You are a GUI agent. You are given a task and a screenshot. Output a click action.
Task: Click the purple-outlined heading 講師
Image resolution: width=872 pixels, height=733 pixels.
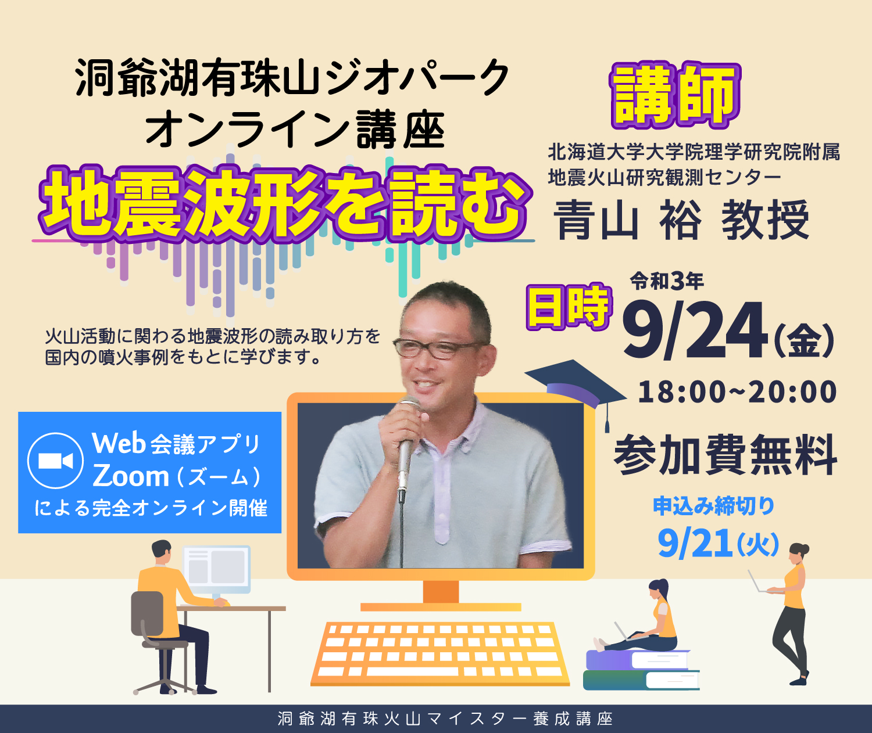[675, 96]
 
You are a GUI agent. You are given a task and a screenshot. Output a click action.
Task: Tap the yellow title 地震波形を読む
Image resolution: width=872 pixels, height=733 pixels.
[284, 205]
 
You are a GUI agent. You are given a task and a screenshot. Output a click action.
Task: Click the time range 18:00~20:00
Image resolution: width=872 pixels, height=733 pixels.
[737, 391]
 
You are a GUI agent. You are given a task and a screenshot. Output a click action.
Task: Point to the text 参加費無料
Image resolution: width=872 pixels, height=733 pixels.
[726, 454]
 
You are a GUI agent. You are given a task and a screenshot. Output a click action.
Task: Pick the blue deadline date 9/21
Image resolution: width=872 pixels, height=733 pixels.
[695, 543]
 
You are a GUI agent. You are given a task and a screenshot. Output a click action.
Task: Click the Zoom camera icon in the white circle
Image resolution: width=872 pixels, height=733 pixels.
[56, 461]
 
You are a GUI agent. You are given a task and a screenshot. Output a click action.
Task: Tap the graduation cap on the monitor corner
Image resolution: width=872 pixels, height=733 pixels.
[576, 389]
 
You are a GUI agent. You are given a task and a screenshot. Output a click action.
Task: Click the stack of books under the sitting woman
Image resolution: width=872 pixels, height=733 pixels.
[641, 670]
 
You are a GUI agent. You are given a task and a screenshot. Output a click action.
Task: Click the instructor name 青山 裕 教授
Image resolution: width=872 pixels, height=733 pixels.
[681, 220]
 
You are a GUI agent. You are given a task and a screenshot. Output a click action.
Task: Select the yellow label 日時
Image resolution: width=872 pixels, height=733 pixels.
[569, 307]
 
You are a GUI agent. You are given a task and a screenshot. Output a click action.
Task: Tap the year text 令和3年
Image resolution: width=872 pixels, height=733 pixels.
[667, 281]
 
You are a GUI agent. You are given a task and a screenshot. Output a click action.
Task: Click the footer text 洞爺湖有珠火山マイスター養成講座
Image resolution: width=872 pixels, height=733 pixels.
[445, 718]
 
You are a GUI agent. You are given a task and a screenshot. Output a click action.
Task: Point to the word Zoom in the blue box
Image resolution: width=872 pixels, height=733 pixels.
[131, 476]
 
